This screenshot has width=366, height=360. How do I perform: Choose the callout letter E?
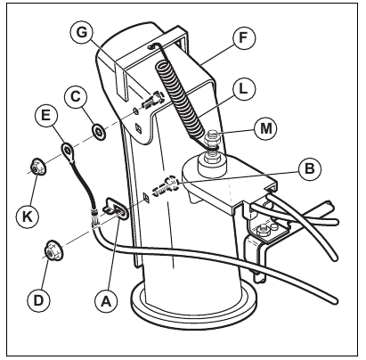click(45, 115)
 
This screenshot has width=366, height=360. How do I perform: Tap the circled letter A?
click(106, 301)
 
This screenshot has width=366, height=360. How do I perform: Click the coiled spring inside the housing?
click(176, 94)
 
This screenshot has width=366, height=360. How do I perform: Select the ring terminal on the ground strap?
click(65, 148)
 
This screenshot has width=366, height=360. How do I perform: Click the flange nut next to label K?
click(37, 166)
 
